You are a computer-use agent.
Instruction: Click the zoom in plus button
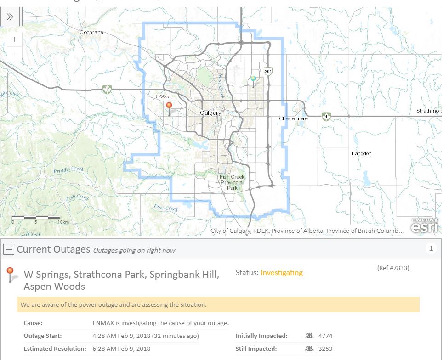coord(15,39)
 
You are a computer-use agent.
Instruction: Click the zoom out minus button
coord(15,54)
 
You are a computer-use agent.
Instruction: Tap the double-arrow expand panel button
coord(10,17)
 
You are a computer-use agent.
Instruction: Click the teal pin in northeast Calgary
coord(253,80)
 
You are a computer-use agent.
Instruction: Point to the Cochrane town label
coord(91,32)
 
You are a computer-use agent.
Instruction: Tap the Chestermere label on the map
coord(294,118)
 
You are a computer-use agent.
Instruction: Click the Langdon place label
coord(362,153)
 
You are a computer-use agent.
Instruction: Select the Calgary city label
coord(210,113)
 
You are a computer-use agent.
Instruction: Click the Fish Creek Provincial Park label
coord(232,182)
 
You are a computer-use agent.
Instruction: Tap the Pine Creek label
coord(165,208)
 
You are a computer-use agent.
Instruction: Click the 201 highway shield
coord(268,71)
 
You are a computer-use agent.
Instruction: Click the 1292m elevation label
coord(162,97)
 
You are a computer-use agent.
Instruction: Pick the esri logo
coord(424,226)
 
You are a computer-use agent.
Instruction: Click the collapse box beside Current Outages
coord(9,249)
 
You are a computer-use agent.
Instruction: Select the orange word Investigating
coord(281,273)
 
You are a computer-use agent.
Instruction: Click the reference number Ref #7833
coord(393,268)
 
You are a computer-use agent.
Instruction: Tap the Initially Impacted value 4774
coord(325,336)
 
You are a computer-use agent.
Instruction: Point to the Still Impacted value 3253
coord(325,349)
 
